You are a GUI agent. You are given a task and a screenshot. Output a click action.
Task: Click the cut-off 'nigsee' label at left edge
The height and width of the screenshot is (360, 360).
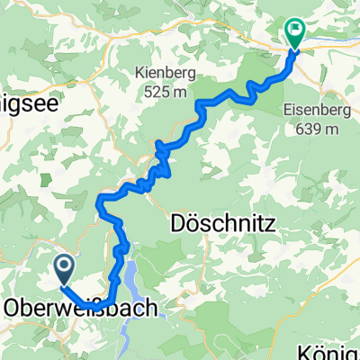pos(29,104)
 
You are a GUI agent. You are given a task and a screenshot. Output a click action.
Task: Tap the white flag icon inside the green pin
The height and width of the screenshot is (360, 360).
pos(294,31)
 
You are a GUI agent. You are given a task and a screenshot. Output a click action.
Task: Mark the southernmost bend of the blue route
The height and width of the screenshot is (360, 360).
pos(102,303)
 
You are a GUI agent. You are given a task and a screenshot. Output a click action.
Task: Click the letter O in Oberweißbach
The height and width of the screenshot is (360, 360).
pos(11,308)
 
